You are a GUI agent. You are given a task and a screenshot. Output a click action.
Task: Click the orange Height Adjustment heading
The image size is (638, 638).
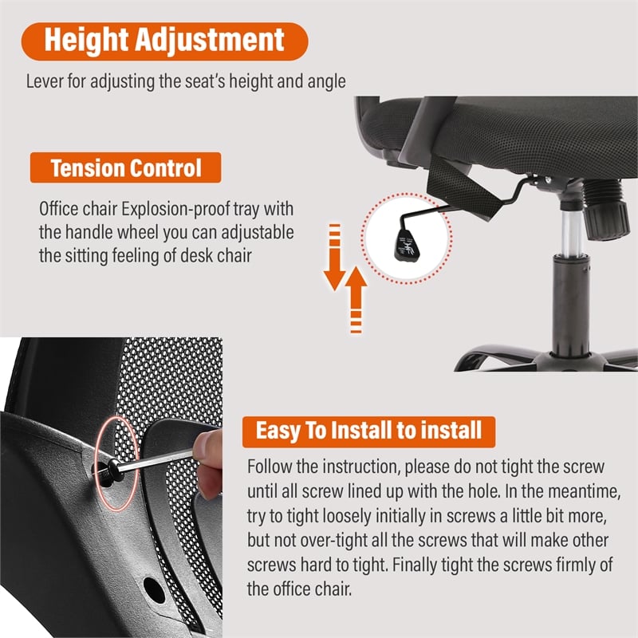(164, 41)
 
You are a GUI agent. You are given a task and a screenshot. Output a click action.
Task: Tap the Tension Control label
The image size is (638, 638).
(126, 167)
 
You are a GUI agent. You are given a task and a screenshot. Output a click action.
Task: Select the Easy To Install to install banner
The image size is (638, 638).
(368, 431)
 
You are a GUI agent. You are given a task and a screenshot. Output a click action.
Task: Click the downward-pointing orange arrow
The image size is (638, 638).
(334, 257)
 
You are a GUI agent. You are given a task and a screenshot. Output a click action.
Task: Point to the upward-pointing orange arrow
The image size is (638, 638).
(356, 300)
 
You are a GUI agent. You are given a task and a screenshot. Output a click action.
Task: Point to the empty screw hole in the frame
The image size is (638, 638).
(155, 589)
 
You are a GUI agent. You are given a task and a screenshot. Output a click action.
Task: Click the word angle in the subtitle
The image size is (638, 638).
(327, 82)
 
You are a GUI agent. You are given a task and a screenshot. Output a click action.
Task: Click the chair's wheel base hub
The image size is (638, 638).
(566, 361)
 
